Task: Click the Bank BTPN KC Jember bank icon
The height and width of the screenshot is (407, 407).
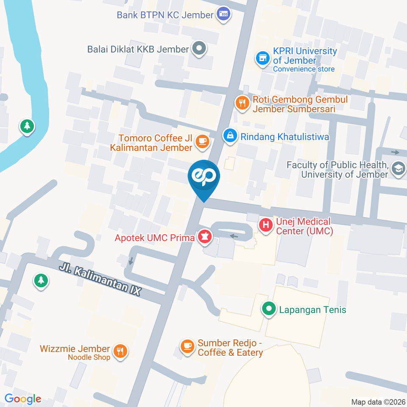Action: click(223, 14)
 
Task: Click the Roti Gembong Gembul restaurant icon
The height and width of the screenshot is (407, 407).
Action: click(242, 102)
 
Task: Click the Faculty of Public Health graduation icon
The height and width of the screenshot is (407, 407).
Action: click(398, 169)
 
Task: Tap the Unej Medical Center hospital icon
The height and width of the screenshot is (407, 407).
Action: click(266, 225)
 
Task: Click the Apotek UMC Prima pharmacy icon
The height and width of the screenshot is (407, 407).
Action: click(205, 237)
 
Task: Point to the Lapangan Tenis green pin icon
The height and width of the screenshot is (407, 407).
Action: click(268, 309)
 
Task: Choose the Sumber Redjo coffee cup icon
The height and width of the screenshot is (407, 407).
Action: click(187, 346)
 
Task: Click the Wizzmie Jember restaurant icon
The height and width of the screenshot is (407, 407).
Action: click(120, 350)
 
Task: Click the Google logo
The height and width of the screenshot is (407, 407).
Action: click(23, 399)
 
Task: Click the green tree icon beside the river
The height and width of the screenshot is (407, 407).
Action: click(28, 126)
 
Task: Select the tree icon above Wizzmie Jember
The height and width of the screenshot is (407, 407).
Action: click(41, 280)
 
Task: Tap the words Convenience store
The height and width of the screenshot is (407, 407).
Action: click(304, 69)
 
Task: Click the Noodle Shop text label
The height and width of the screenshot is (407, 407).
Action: click(89, 357)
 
